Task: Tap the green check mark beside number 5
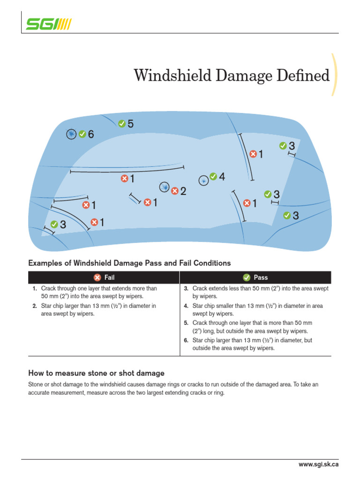tap(122, 124)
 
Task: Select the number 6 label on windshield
tap(91, 135)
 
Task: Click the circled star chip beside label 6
tap(71, 135)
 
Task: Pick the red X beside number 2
tap(175, 191)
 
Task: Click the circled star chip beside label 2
tap(164, 187)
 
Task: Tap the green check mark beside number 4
tap(213, 176)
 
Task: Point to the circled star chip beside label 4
tap(203, 180)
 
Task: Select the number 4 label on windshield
tap(222, 177)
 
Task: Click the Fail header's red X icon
tap(97, 277)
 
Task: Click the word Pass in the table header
tap(261, 277)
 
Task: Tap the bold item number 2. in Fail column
tap(34, 306)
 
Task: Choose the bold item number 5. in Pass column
tap(186, 323)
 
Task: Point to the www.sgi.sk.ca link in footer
tap(318, 465)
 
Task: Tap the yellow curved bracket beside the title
tap(334, 75)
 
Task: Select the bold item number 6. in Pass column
tap(186, 340)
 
